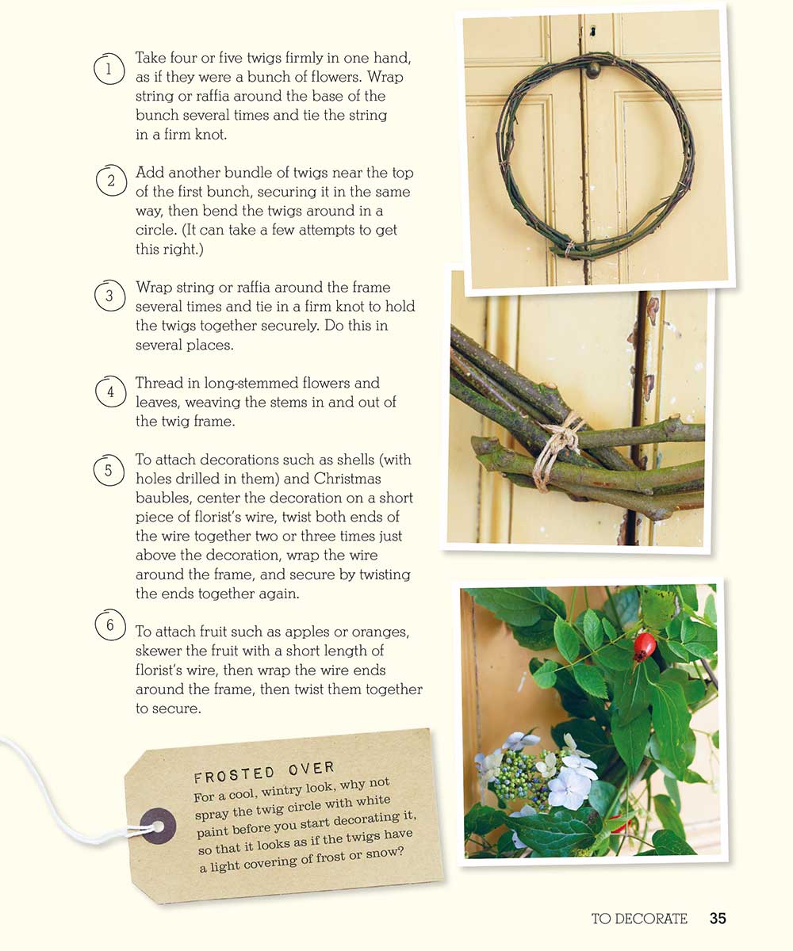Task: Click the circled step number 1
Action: (x=109, y=69)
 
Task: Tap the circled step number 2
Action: (x=111, y=181)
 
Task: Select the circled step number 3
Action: (x=110, y=296)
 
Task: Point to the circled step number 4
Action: (x=111, y=391)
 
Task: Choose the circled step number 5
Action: (x=109, y=470)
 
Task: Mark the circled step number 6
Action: (x=110, y=624)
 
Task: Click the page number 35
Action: (x=718, y=919)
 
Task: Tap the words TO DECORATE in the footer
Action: (x=639, y=919)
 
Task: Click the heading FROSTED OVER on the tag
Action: (x=264, y=771)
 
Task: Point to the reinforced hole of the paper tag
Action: (x=158, y=826)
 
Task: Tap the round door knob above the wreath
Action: (x=593, y=71)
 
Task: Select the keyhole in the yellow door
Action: (x=593, y=32)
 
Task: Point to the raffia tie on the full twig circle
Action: (x=569, y=249)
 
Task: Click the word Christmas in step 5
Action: (x=347, y=479)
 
